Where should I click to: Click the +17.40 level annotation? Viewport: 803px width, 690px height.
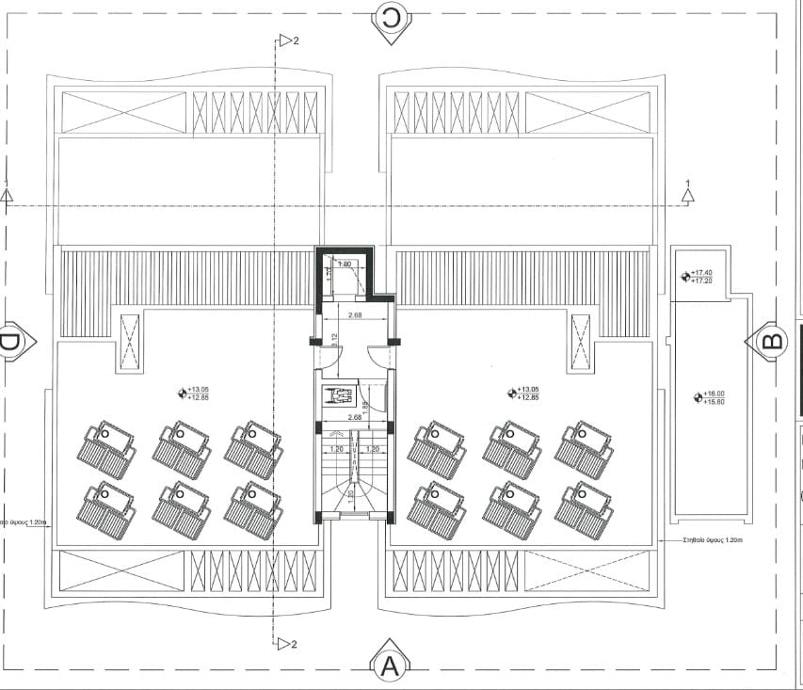[x=700, y=274]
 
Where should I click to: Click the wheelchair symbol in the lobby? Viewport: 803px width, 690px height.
[x=335, y=396]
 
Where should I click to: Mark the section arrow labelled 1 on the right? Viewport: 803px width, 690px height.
[x=688, y=193]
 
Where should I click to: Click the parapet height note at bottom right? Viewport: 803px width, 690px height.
[x=713, y=540]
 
